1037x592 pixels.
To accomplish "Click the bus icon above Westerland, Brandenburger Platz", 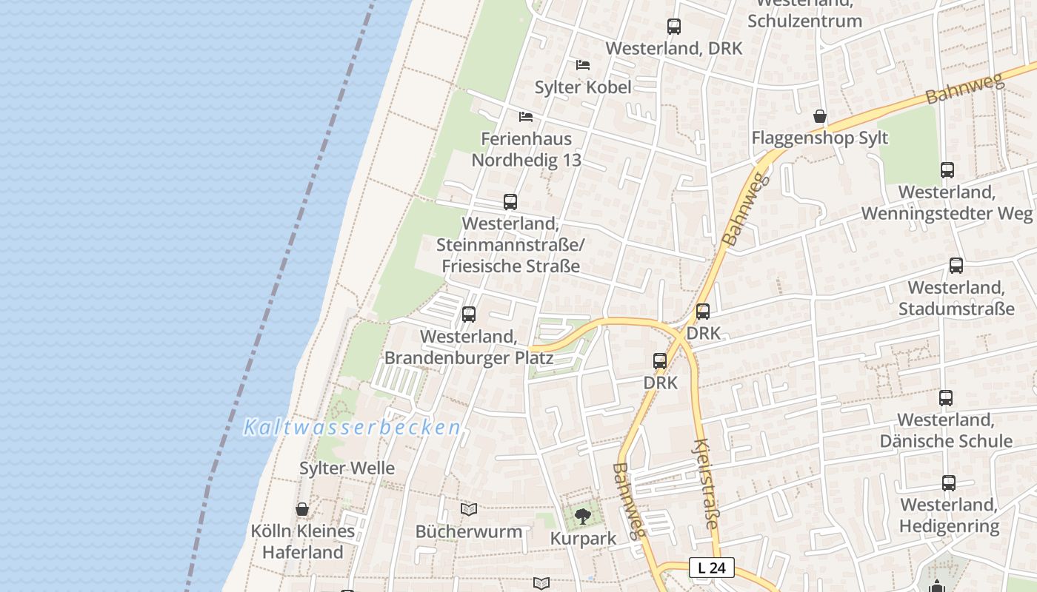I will [469, 314].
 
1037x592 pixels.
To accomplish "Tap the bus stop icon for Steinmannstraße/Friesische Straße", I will [510, 201].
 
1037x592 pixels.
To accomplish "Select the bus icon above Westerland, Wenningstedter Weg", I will [947, 170].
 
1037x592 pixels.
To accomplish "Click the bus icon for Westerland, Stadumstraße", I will [956, 266].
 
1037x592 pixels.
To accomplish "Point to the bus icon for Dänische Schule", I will [946, 398].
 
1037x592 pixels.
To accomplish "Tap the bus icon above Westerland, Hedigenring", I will [949, 483].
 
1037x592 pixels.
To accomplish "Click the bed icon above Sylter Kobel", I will [583, 65].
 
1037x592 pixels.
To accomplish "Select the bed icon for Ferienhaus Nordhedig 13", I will [526, 117].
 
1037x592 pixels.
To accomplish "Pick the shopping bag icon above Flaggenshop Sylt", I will [820, 116].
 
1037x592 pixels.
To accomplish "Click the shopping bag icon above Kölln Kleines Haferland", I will [302, 509].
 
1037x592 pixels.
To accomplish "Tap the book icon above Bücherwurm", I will [469, 510].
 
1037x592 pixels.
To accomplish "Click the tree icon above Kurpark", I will [583, 516].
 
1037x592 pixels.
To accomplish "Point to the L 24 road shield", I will [712, 568].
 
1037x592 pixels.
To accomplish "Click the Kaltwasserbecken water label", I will [353, 428].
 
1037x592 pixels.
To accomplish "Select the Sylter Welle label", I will [347, 468].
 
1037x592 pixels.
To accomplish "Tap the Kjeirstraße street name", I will [705, 484].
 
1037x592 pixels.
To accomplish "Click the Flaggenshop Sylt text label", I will [820, 138].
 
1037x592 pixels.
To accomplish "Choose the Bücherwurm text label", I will [469, 531].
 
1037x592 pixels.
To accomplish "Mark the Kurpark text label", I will [583, 539].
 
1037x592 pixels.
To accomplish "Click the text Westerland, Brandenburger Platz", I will [469, 347].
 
